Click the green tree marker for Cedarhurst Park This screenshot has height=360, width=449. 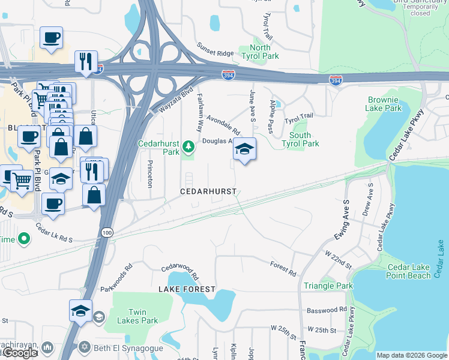pyautogui.click(x=188, y=146)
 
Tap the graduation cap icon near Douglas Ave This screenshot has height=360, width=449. pyautogui.click(x=244, y=149)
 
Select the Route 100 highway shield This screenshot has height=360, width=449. pyautogui.click(x=107, y=232)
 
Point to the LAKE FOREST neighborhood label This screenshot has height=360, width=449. pyautogui.click(x=187, y=289)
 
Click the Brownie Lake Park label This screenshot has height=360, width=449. pyautogui.click(x=383, y=104)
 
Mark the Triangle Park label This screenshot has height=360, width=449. pyautogui.click(x=328, y=286)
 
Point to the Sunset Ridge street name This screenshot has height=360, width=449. pyautogui.click(x=215, y=53)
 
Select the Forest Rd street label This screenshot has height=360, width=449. pyautogui.click(x=283, y=269)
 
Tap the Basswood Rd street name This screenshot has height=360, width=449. pyautogui.click(x=327, y=310)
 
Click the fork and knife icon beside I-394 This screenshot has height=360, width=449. pyautogui.click(x=85, y=61)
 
